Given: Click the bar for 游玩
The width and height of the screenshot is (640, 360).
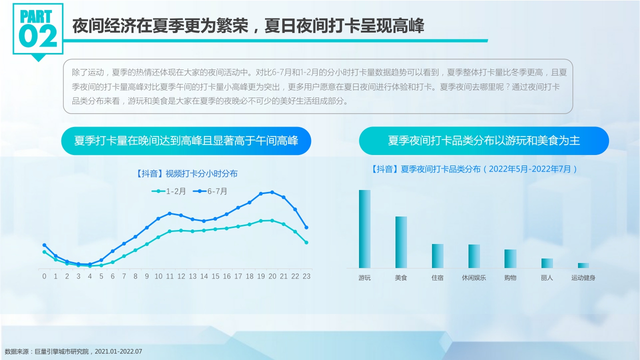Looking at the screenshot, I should pos(364,229).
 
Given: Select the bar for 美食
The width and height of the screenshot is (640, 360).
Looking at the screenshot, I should pos(401,242).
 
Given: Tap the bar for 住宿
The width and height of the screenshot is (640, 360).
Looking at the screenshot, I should pos(437,256).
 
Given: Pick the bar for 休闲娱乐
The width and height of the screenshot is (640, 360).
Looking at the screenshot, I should pos(474,256).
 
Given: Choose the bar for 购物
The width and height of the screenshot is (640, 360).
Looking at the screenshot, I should pos(510,258).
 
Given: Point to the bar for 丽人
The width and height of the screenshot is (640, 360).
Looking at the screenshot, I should pos(547,263).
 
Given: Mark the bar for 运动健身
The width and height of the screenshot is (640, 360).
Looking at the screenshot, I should pos(583,265).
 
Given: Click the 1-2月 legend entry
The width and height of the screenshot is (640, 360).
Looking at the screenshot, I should pos(168,191).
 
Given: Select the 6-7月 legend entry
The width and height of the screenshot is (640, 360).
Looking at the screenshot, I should pos(210,191).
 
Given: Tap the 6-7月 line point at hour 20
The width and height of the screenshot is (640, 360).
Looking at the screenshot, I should pos(272,192).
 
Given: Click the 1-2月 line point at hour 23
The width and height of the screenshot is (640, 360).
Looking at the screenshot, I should pos(306,242).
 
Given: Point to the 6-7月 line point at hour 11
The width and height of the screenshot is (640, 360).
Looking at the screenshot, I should pos(169,213).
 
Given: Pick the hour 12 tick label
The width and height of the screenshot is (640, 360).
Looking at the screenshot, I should pos(181,276).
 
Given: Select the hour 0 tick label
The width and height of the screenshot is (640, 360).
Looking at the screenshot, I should pos(44,276).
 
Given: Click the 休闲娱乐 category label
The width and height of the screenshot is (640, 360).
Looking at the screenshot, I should pos(474,277).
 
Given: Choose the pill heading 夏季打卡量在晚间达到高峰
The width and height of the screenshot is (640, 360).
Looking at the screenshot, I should pos(186,140).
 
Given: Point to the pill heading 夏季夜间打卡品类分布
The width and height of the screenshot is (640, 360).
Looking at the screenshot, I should pos(483,140).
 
